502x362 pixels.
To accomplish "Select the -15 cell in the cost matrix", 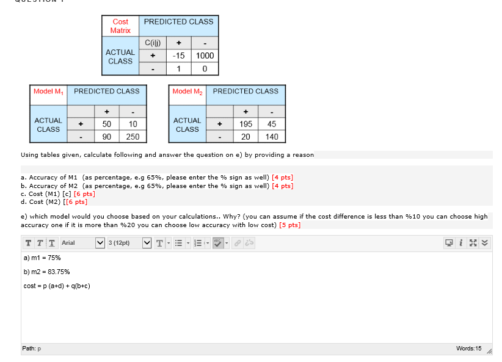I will pyautogui.click(x=178, y=56).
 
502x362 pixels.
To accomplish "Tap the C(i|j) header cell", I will pyautogui.click(x=152, y=43).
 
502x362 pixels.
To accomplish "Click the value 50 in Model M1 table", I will pyautogui.click(x=106, y=124).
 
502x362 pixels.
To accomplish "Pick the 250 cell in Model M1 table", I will pyautogui.click(x=133, y=137).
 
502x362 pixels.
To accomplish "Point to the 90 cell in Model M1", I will pyautogui.click(x=106, y=137).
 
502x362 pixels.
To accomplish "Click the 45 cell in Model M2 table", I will pyautogui.click(x=272, y=124).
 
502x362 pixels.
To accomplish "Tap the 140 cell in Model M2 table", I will pyautogui.click(x=272, y=137).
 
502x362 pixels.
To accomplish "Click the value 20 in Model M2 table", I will pyautogui.click(x=246, y=137).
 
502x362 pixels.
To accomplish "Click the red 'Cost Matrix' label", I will pyautogui.click(x=120, y=26).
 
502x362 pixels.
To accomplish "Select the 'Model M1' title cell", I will pyautogui.click(x=48, y=92).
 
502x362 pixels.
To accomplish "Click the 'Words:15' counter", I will pyautogui.click(x=468, y=349).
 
